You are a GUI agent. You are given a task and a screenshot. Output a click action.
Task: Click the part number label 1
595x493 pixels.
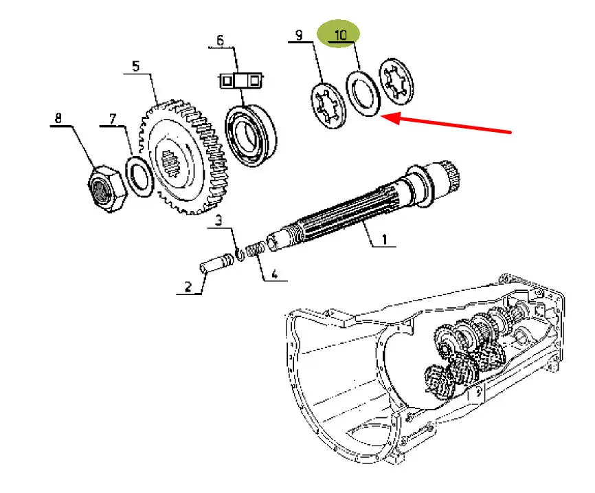[384, 240]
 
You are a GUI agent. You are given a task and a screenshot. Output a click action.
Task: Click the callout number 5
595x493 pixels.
[135, 67]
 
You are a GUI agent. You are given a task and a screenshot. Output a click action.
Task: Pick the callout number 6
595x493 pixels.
[220, 41]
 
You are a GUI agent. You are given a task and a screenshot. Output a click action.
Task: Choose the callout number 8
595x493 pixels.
[58, 118]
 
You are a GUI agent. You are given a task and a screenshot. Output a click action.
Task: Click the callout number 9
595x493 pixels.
[299, 35]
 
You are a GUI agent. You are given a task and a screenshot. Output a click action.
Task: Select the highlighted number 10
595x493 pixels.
[341, 33]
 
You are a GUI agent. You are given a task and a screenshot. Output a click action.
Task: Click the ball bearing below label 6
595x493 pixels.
[251, 134]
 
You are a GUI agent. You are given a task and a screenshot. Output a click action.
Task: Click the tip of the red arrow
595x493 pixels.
[382, 118]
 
